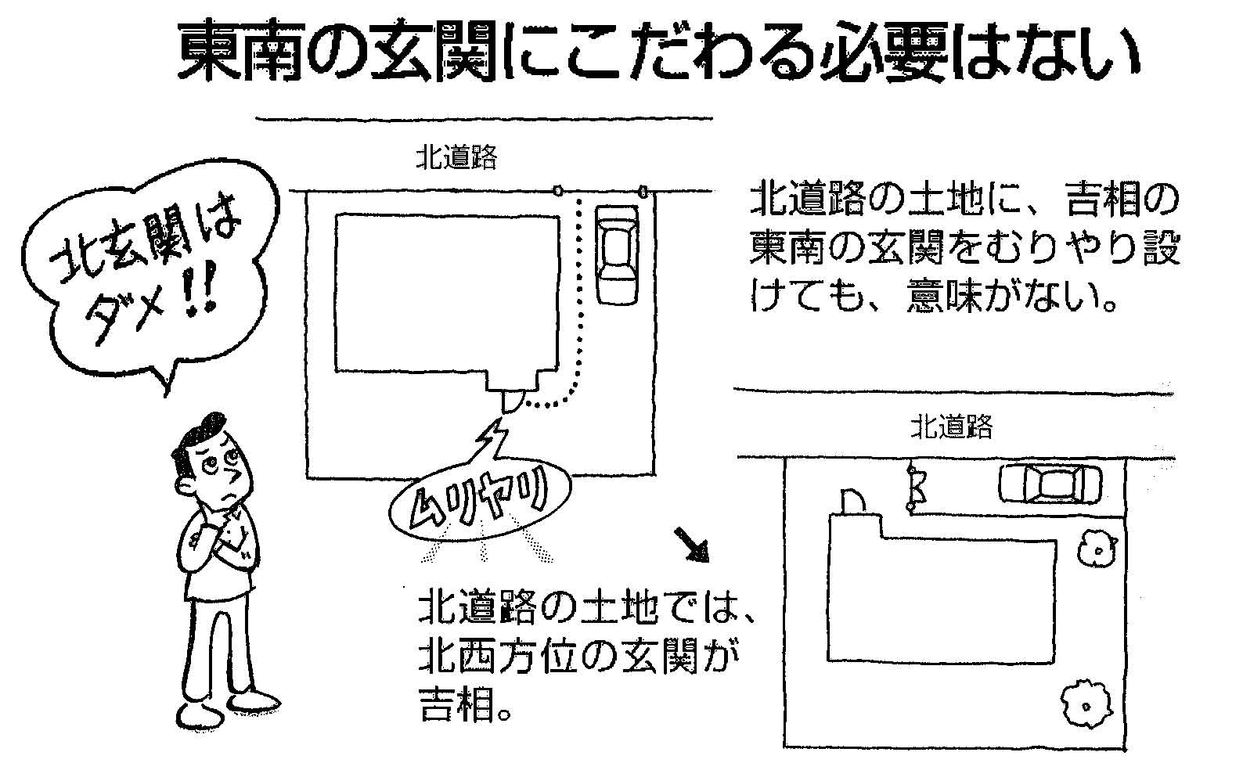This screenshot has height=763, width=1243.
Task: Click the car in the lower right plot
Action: click(x=1050, y=485)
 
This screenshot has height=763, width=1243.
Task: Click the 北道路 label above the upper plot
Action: click(x=456, y=159)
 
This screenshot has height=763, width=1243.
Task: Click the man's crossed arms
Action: click(x=219, y=540)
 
